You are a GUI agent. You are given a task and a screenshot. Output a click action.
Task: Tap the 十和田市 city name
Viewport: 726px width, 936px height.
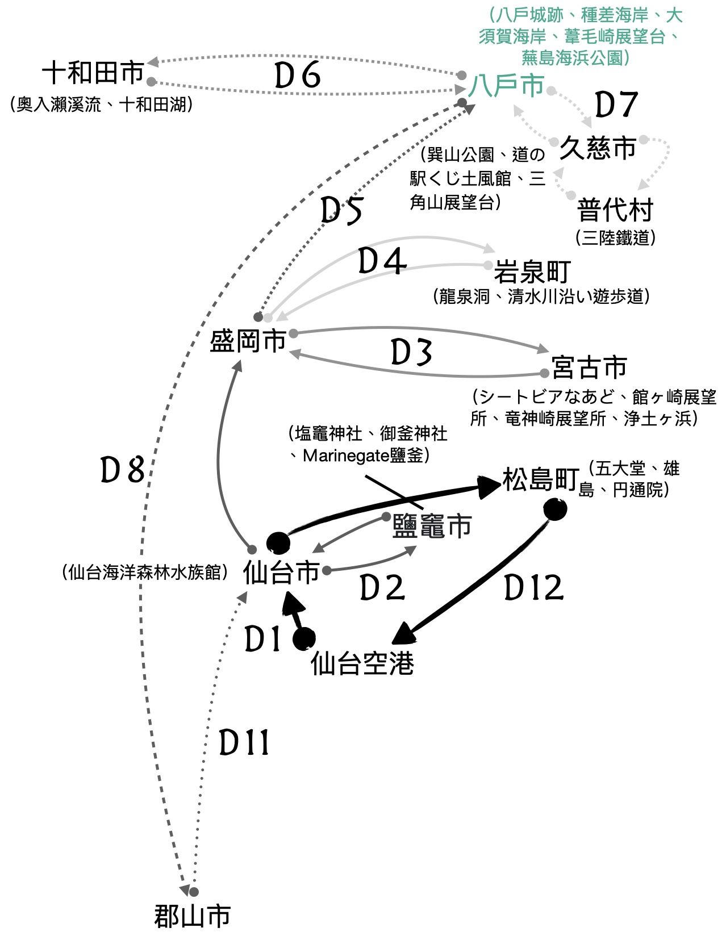(x=93, y=73)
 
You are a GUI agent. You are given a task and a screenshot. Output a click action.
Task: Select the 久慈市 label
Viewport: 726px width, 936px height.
(x=598, y=148)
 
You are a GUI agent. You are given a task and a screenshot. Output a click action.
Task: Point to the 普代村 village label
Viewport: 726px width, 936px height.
(x=615, y=210)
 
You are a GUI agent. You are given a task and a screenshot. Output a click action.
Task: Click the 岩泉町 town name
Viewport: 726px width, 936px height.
(x=532, y=272)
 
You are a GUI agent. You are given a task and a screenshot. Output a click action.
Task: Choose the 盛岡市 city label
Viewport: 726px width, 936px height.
(x=248, y=341)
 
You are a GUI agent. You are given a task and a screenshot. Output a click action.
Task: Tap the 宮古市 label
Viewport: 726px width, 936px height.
(x=589, y=367)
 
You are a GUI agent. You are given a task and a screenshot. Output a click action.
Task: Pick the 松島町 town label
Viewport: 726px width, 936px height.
(x=540, y=479)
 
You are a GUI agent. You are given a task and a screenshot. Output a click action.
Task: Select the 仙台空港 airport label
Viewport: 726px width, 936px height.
(x=362, y=663)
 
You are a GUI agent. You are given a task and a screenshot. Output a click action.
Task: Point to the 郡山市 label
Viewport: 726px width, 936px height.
(x=193, y=916)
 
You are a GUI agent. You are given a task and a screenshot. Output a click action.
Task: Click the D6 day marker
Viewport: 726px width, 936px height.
(x=297, y=76)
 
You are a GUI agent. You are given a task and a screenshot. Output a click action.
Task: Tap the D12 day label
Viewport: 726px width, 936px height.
(x=533, y=588)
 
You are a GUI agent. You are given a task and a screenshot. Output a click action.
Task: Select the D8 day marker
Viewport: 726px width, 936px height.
(x=122, y=471)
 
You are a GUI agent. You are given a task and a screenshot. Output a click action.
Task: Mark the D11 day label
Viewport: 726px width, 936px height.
(x=244, y=742)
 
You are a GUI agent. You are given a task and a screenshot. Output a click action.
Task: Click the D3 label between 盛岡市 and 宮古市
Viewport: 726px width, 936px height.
(x=411, y=353)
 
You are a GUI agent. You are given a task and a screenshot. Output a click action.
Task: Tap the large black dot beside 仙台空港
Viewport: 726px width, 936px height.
(x=304, y=639)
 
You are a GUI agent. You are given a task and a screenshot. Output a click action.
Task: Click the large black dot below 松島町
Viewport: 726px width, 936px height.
(x=554, y=509)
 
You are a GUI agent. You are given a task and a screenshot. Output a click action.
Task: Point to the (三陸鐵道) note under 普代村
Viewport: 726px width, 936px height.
(x=615, y=237)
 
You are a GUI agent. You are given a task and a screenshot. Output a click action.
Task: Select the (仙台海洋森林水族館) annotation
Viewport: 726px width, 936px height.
(x=145, y=572)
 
